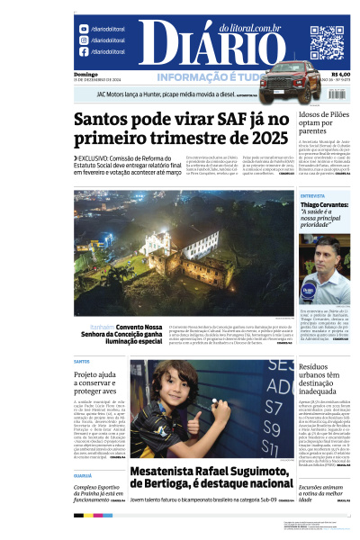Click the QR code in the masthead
pyautogui.click(x=327, y=41)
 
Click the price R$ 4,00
pyautogui.click(x=341, y=74)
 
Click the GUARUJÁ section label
pyautogui.click(x=82, y=475)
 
